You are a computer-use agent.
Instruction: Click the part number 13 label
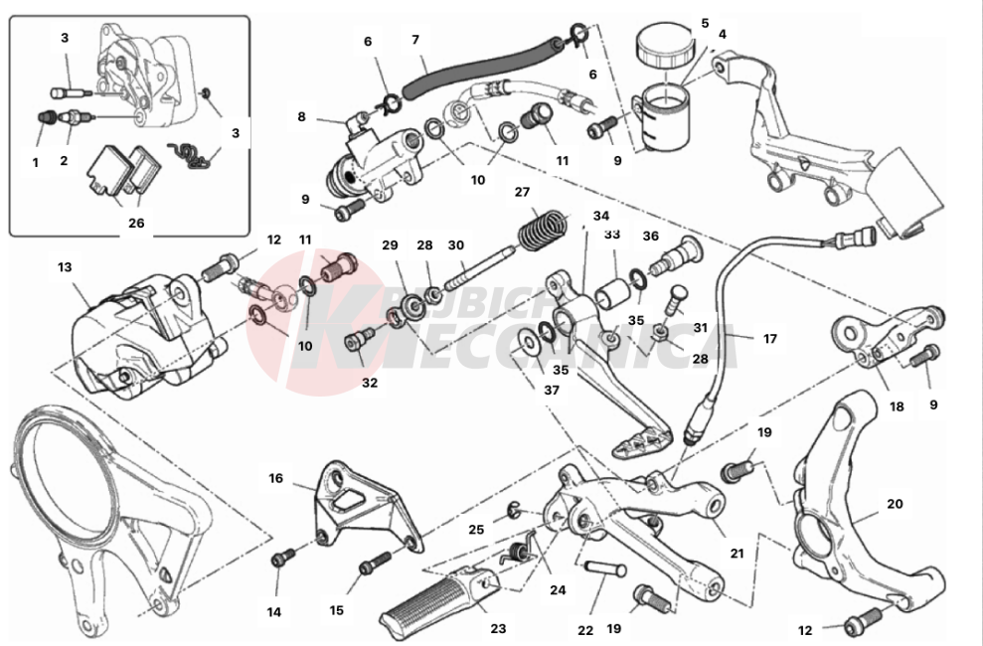tap(65, 266)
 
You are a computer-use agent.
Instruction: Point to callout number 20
tap(895, 504)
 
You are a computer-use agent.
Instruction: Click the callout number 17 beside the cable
tap(769, 339)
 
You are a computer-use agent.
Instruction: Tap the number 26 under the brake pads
tap(136, 223)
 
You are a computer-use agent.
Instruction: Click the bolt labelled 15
tap(372, 565)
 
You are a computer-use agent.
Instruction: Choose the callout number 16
tap(276, 478)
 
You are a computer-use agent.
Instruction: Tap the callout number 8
tap(301, 116)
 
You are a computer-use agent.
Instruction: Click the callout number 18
tap(897, 405)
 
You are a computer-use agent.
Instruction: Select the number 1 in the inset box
tap(35, 162)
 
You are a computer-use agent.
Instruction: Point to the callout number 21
tap(737, 553)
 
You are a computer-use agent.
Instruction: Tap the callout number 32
tap(370, 382)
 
